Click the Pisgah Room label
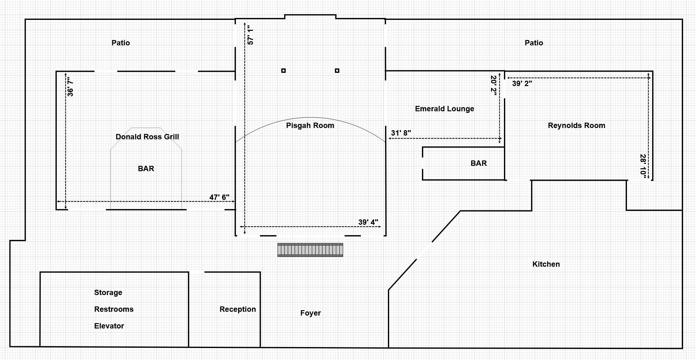click(310, 125)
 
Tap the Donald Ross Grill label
click(147, 137)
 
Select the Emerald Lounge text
click(444, 109)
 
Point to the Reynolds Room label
click(576, 125)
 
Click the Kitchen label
click(546, 264)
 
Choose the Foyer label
click(310, 313)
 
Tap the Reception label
click(238, 309)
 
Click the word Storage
click(108, 293)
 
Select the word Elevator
click(109, 326)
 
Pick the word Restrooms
click(114, 309)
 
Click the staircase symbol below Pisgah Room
click(310, 250)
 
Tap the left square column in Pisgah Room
click(284, 71)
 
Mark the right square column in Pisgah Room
click(337, 71)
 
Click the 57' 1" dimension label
click(250, 35)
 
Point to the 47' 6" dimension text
click(219, 197)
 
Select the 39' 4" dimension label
click(368, 222)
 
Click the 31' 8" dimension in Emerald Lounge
click(401, 133)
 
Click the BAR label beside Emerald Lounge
click(479, 163)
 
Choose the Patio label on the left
click(121, 43)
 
